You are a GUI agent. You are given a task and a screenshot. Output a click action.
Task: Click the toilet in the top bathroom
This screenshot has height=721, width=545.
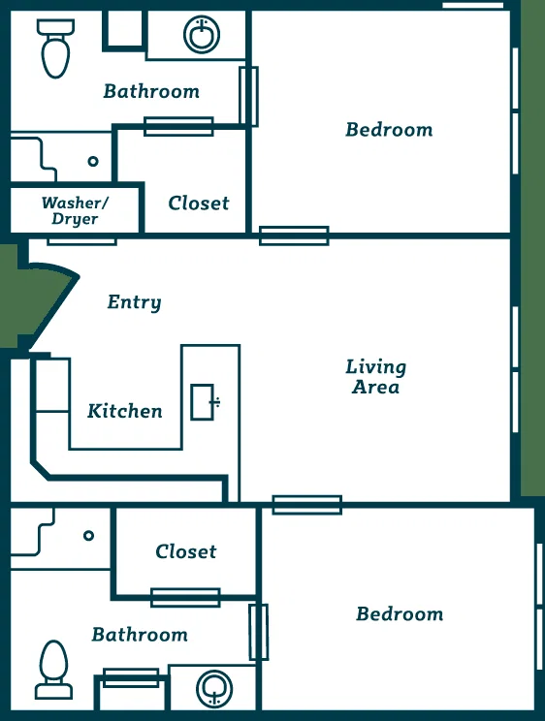(55, 48)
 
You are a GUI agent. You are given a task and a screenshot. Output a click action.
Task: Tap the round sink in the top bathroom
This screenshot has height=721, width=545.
(202, 35)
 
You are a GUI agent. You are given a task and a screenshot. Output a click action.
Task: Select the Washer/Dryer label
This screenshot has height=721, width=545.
(75, 210)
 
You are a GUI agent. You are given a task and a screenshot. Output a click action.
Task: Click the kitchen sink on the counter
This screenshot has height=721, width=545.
(204, 402)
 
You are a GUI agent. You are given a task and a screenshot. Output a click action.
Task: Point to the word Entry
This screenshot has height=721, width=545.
(135, 302)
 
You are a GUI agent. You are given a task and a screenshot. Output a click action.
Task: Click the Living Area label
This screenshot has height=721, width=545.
(375, 377)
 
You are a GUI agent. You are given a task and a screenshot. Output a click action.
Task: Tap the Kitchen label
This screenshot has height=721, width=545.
(125, 411)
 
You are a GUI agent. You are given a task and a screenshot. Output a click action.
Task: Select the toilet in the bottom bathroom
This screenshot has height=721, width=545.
(54, 669)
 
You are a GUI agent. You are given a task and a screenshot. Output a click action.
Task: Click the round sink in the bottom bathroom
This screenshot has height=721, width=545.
(214, 688)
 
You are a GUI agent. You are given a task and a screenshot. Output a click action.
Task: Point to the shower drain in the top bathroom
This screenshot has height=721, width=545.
(93, 162)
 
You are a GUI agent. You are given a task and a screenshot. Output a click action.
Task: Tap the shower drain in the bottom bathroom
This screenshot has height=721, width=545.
(89, 536)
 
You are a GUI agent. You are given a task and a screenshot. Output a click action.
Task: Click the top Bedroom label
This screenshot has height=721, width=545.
(390, 130)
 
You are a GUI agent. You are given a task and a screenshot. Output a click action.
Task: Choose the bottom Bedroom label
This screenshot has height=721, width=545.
(400, 614)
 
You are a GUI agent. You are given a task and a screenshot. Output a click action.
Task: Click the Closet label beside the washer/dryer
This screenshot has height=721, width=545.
(199, 204)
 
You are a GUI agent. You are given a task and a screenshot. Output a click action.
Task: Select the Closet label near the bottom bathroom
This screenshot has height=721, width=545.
(186, 551)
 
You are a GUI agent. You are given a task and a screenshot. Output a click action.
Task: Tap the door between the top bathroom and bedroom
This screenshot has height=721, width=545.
(248, 96)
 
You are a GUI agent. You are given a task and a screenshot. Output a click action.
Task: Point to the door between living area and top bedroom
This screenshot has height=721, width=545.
(294, 235)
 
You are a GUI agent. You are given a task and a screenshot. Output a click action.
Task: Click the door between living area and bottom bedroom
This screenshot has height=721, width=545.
(307, 505)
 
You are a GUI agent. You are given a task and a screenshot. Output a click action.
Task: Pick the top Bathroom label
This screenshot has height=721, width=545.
(151, 91)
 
